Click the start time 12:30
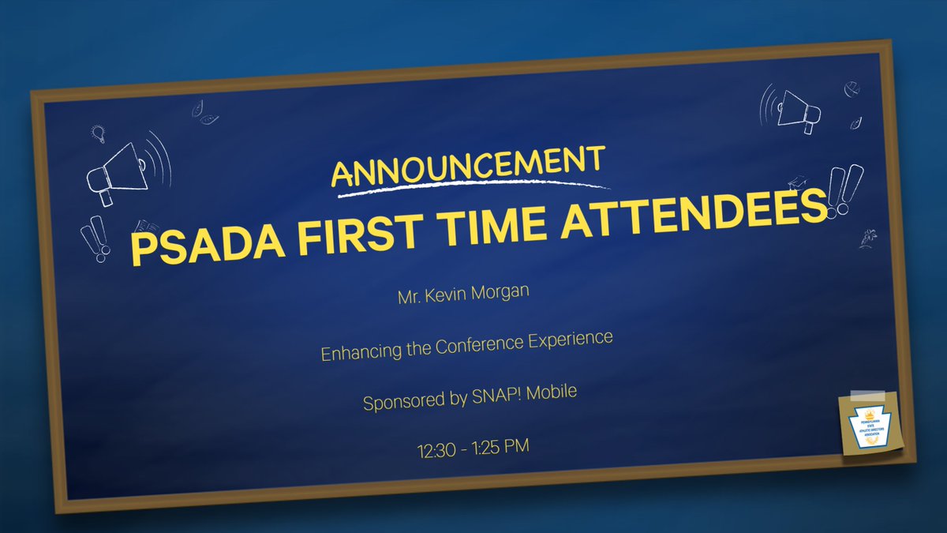coord(435,452)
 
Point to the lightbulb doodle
coord(98,133)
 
